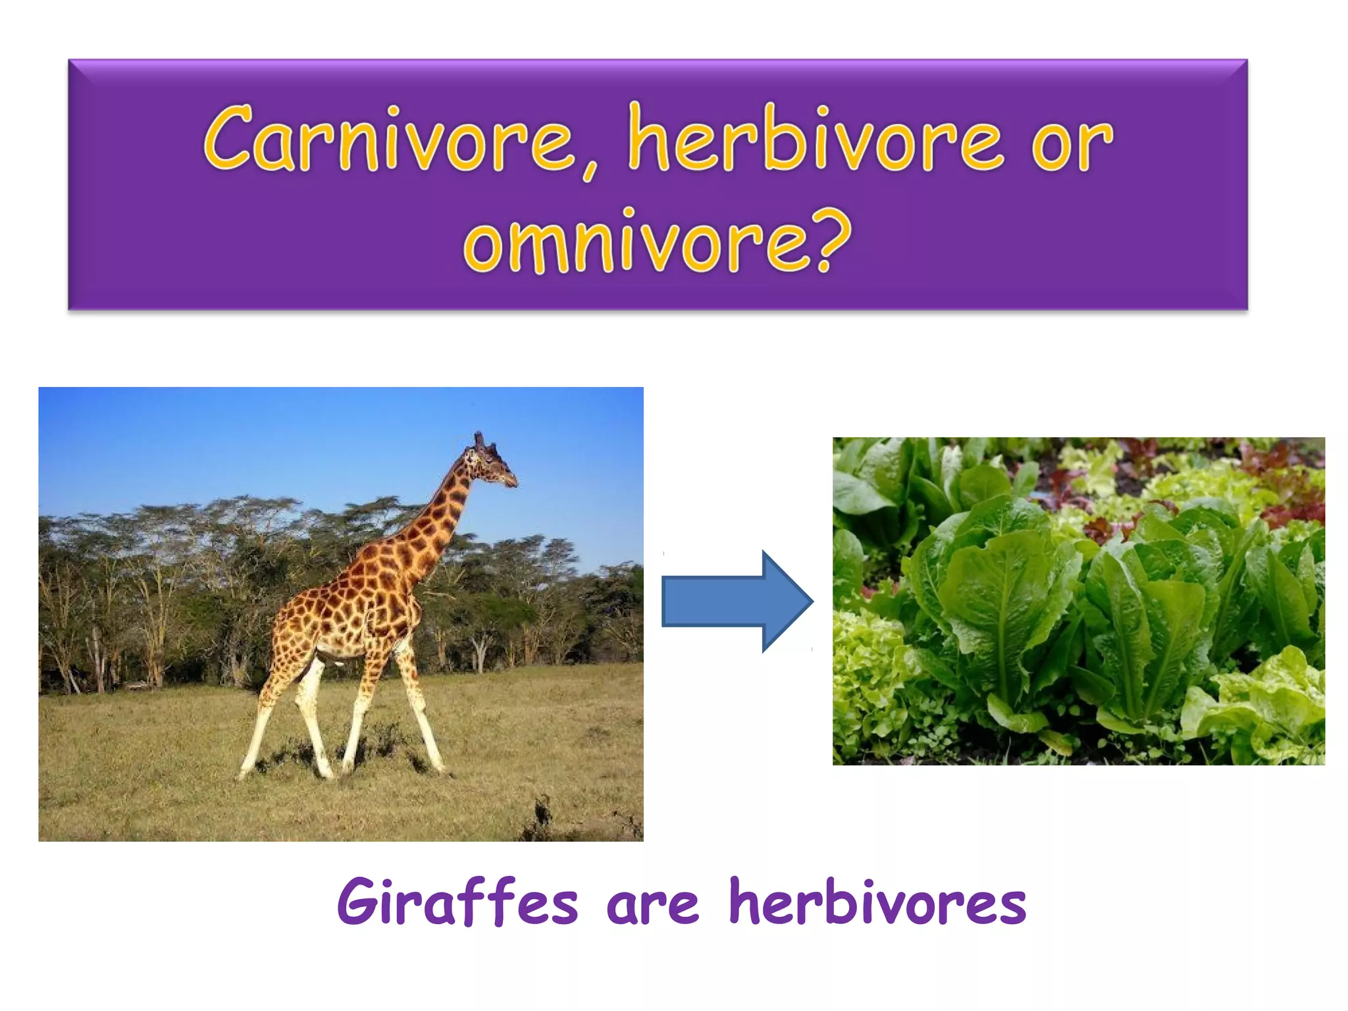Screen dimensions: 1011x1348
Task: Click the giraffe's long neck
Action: pos(434,520)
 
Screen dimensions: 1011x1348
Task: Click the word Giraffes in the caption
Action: pos(457,902)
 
